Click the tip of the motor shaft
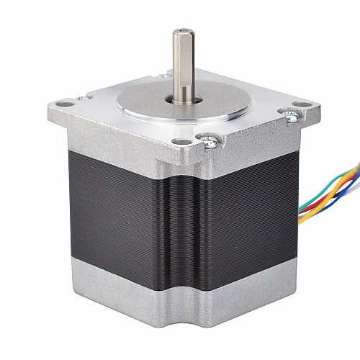pos(180,30)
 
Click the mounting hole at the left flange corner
pos(66,104)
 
